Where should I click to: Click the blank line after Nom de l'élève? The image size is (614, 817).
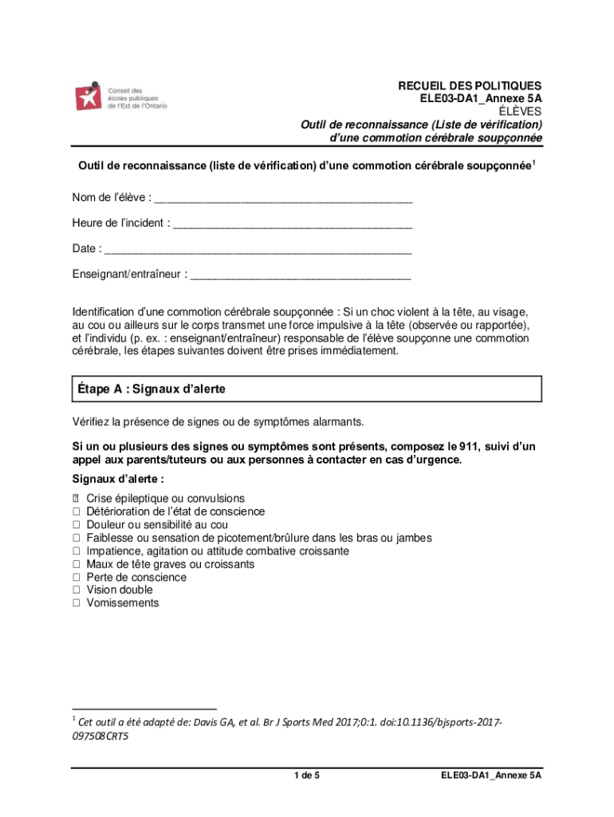[284, 197]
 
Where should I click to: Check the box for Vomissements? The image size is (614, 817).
[77, 603]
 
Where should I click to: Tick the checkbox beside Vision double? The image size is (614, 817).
[77, 590]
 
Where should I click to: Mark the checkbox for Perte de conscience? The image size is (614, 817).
[77, 577]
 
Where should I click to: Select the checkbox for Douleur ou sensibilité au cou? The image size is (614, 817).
[77, 525]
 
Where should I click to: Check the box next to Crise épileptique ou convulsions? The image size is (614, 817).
[77, 499]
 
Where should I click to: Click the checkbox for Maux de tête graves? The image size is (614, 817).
[77, 564]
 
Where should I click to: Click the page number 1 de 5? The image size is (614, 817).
[307, 776]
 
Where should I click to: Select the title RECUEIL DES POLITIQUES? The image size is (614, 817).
[470, 85]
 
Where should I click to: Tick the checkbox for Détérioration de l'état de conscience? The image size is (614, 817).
[77, 512]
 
